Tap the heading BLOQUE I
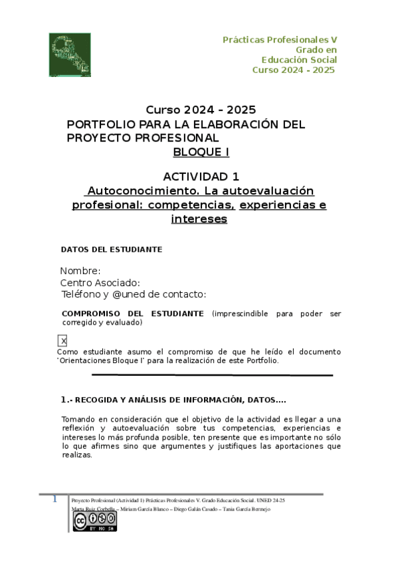(201, 151)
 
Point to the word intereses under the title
(199, 218)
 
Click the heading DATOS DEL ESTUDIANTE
(112, 250)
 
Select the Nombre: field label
(80, 271)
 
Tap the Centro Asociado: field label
(100, 283)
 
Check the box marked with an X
(63, 341)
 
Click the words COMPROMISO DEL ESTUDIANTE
(132, 313)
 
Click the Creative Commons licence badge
(94, 522)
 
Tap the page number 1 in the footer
(56, 499)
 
